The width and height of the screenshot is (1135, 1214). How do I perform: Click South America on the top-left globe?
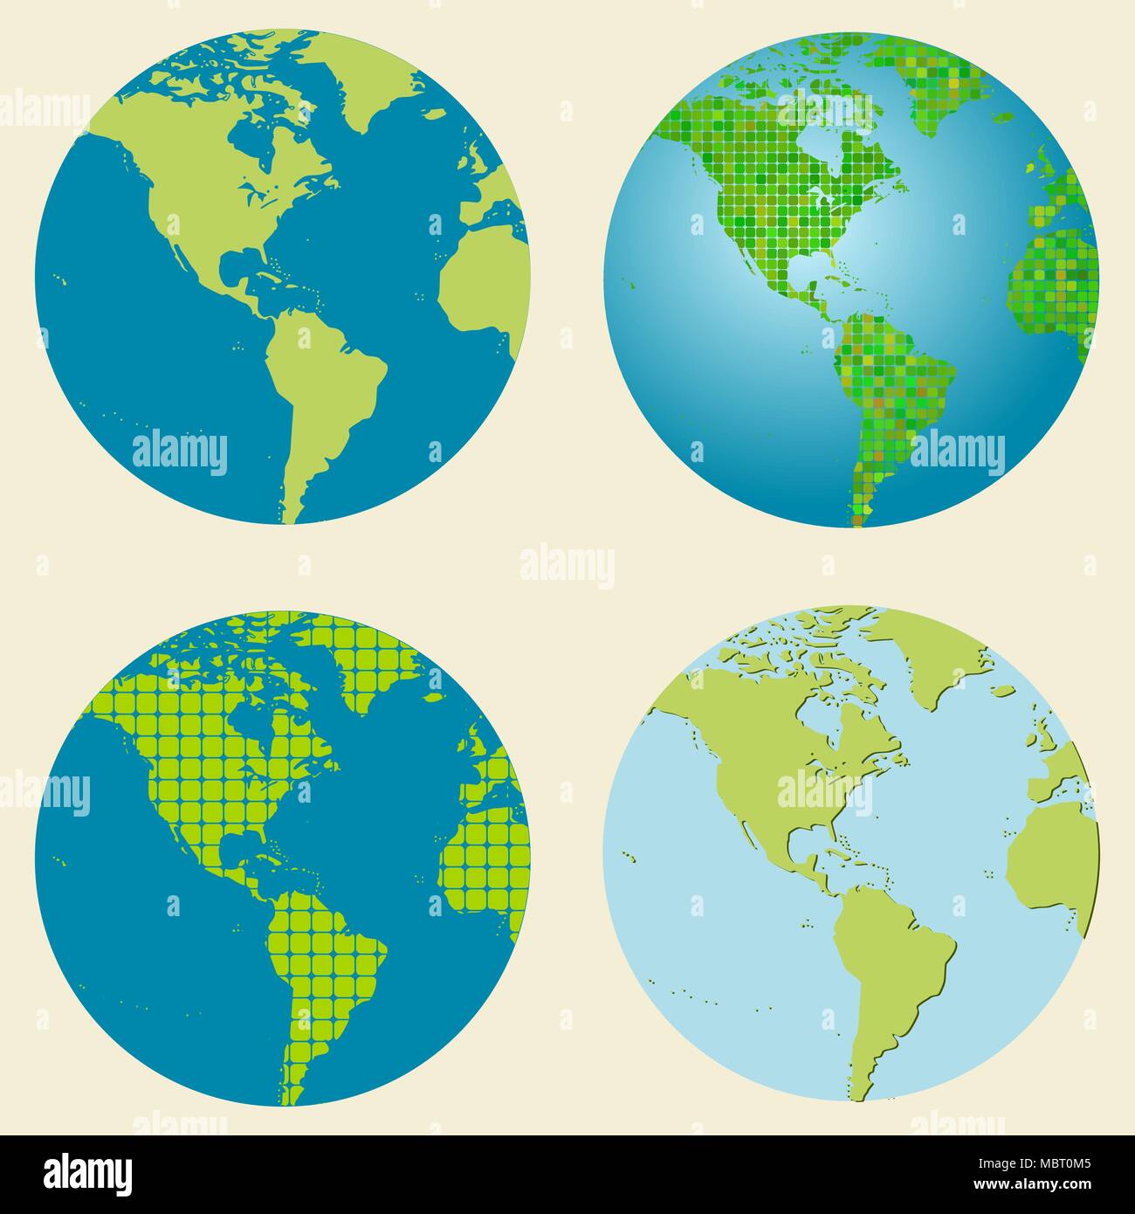click(327, 384)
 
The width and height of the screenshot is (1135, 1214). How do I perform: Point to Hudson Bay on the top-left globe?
click(253, 140)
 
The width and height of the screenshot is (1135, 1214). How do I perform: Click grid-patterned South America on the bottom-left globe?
click(327, 961)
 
